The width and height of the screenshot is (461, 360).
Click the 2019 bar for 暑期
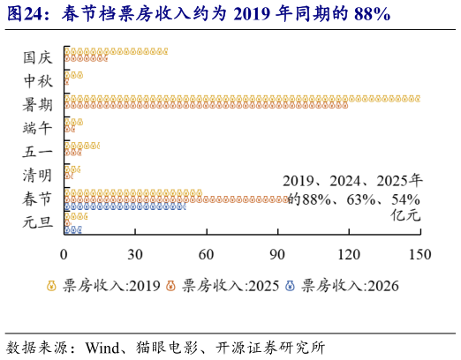(242, 98)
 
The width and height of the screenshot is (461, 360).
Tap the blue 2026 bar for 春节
(125, 206)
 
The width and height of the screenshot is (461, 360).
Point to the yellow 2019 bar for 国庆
(116, 51)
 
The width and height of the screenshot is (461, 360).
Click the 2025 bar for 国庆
(86, 58)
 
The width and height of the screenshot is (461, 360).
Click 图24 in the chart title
(26, 15)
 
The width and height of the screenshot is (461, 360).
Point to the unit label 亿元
(407, 215)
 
